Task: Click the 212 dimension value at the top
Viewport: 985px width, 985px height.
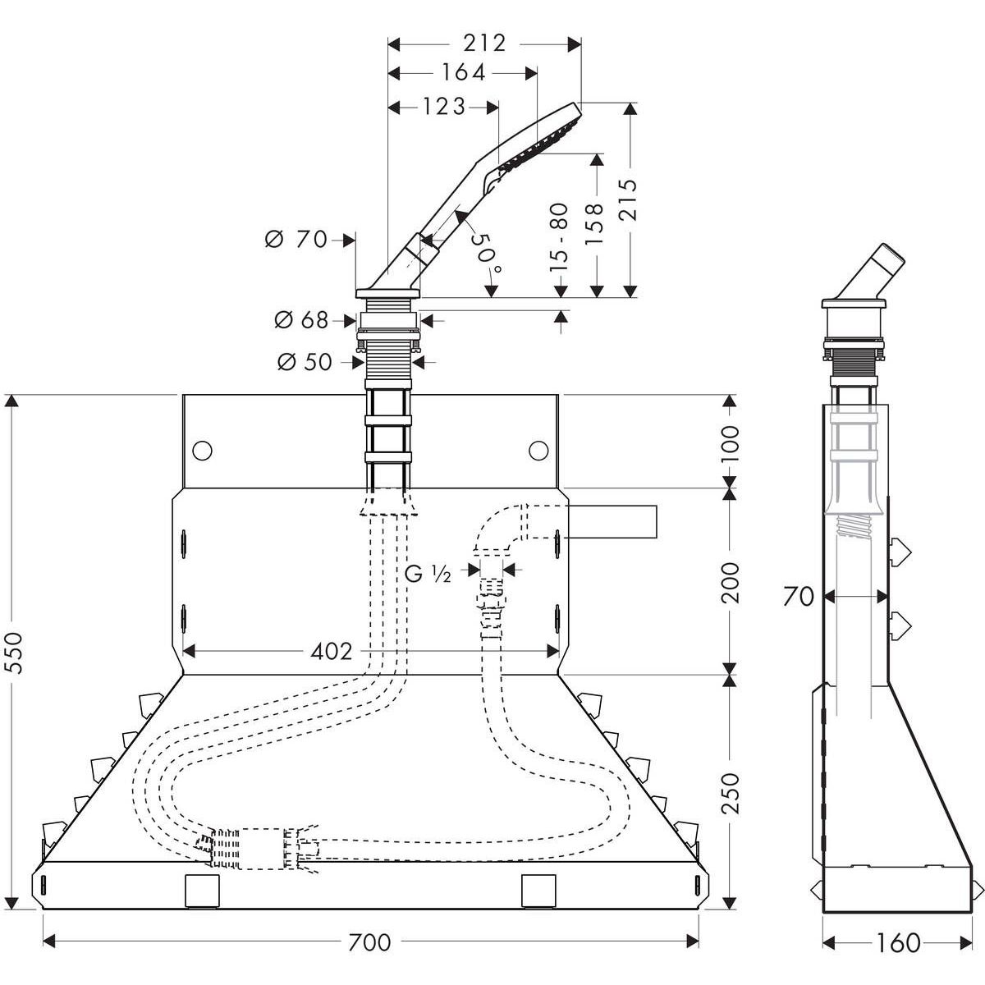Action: pyautogui.click(x=484, y=44)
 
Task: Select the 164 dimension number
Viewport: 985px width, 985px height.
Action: pyautogui.click(x=463, y=72)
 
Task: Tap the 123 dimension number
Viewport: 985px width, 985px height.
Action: pyautogui.click(x=444, y=107)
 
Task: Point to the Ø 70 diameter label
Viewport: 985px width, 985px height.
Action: pyautogui.click(x=295, y=239)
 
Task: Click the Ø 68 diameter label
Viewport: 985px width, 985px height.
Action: pyautogui.click(x=300, y=320)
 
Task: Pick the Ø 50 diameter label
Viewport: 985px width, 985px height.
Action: pyautogui.click(x=305, y=362)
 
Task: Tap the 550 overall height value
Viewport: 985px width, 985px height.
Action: pyautogui.click(x=16, y=653)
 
